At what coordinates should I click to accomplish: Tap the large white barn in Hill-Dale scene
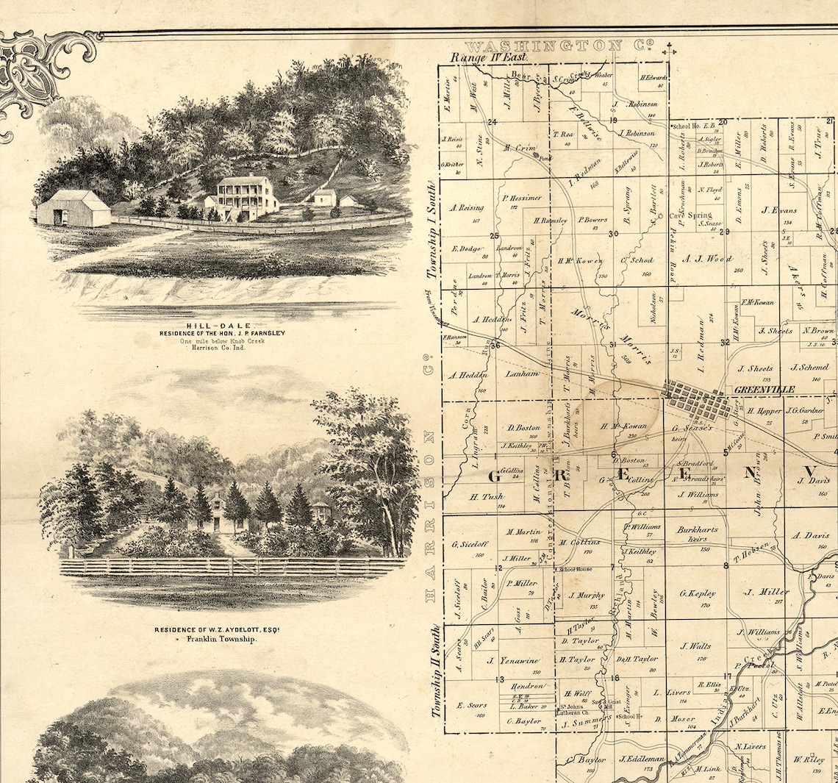[x=74, y=208]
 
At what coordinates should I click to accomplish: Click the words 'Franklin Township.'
[x=221, y=640]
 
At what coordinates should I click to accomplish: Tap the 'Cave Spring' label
[x=690, y=215]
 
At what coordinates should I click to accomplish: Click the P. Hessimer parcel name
[x=522, y=197]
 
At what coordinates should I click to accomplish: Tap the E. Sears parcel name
[x=472, y=704]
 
